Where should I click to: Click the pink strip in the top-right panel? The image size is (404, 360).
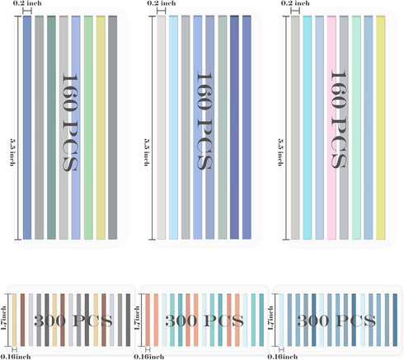pyautogui.click(x=331, y=128)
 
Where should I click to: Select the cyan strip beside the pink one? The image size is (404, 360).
pyautogui.click(x=308, y=128)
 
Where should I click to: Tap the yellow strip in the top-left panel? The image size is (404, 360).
pyautogui.click(x=101, y=128)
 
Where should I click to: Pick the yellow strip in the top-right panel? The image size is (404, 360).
pyautogui.click(x=380, y=128)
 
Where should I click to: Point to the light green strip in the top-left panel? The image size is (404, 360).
pyautogui.click(x=88, y=128)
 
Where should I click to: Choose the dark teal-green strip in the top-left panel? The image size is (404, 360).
pyautogui.click(x=51, y=128)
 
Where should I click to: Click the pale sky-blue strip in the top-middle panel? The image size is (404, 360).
pyautogui.click(x=173, y=128)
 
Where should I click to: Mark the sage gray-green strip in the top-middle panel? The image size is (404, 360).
pyautogui.click(x=223, y=128)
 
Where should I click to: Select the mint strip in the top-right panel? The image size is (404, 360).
pyautogui.click(x=356, y=128)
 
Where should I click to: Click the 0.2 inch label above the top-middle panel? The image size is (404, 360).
pyautogui.click(x=162, y=3)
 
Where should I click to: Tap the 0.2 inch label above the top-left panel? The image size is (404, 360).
pyautogui.click(x=27, y=3)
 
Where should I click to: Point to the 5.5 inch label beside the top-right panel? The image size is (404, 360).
pyautogui.click(x=280, y=152)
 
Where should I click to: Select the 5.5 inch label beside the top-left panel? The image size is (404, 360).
pyautogui.click(x=12, y=152)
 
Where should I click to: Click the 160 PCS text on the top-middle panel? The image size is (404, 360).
pyautogui.click(x=204, y=121)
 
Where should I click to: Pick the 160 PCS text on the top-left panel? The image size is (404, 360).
pyautogui.click(x=70, y=123)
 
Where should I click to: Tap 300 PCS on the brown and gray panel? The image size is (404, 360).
pyautogui.click(x=73, y=320)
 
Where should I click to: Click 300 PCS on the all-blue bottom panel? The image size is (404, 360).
pyautogui.click(x=336, y=320)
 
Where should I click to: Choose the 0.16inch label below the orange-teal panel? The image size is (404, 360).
pyautogui.click(x=149, y=357)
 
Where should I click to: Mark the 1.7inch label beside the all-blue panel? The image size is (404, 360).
pyautogui.click(x=270, y=318)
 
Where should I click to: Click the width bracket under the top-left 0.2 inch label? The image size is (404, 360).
pyautogui.click(x=27, y=11)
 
